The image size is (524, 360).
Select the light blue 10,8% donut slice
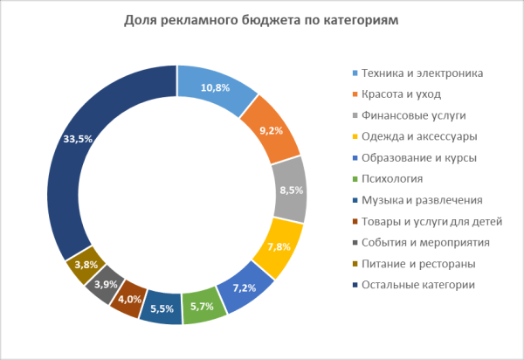point(216,88)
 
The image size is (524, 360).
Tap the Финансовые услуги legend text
point(406,115)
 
